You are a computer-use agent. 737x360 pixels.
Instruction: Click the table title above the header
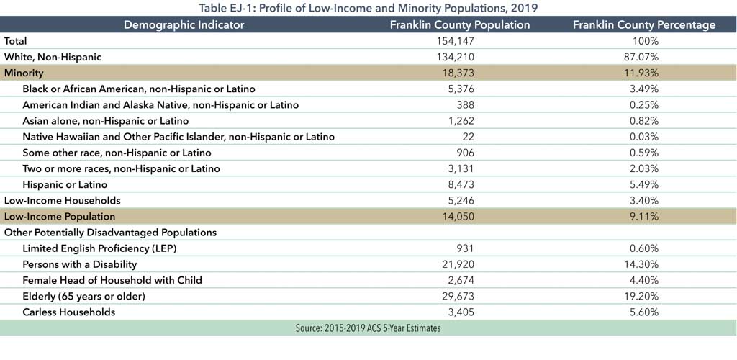tap(368, 8)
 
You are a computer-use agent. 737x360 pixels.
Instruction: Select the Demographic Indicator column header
tap(184, 24)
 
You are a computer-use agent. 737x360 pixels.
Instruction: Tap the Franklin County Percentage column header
tap(643, 24)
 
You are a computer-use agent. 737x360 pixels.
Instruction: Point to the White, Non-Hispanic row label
tap(53, 57)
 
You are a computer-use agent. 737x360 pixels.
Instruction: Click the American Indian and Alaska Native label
tap(160, 104)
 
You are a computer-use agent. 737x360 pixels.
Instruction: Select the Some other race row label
tap(117, 153)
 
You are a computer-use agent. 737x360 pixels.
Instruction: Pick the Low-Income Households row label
tap(62, 200)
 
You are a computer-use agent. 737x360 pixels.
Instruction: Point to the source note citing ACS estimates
tap(368, 328)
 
